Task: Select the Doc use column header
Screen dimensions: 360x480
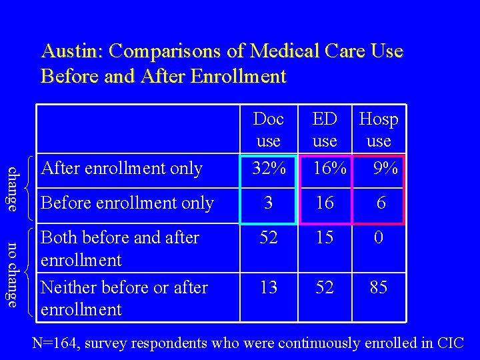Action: tap(269, 130)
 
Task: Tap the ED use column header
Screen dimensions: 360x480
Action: tap(325, 130)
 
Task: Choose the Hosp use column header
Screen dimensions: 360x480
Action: tap(379, 130)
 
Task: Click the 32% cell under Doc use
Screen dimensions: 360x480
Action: tap(269, 169)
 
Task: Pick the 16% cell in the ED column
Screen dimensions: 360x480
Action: tap(329, 169)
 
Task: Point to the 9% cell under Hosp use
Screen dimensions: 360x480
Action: tap(385, 169)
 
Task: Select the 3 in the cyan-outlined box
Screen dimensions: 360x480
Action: tap(269, 203)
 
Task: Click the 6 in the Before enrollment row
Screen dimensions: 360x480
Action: tap(381, 203)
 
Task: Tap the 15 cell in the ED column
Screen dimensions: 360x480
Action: tap(325, 237)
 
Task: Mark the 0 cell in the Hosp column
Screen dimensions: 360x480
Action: tap(379, 237)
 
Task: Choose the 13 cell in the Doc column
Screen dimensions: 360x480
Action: tap(269, 287)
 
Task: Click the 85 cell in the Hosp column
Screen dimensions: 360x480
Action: tap(379, 287)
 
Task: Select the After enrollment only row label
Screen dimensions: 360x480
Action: tap(122, 169)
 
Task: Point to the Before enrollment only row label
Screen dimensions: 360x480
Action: tap(127, 203)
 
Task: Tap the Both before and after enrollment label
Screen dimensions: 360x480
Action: tap(120, 248)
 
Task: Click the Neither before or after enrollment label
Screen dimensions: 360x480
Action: tap(124, 298)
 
